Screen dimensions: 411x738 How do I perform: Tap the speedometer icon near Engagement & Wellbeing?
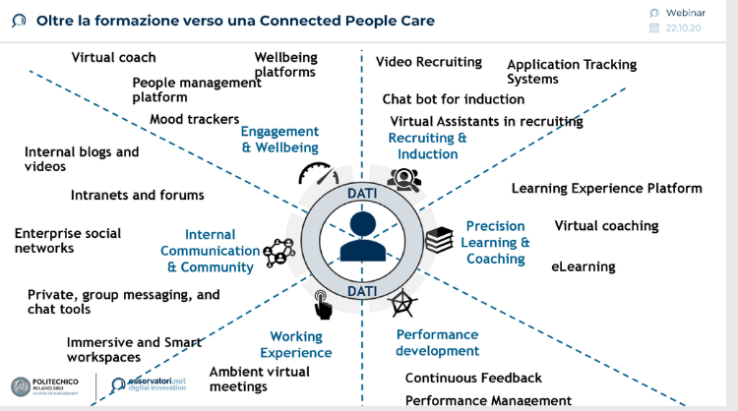pyautogui.click(x=318, y=175)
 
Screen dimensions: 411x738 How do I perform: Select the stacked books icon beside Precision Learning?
pyautogui.click(x=438, y=239)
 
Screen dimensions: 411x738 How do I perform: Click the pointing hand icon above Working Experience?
pyautogui.click(x=322, y=304)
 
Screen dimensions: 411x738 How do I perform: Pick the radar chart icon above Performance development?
pyautogui.click(x=401, y=304)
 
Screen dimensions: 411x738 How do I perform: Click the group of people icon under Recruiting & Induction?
pyautogui.click(x=404, y=178)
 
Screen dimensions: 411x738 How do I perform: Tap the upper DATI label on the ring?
pyautogui.click(x=362, y=194)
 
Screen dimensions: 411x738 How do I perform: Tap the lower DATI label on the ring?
pyautogui.click(x=362, y=291)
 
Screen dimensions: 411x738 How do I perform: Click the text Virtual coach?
pyautogui.click(x=113, y=58)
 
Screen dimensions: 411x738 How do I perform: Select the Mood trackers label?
pyautogui.click(x=195, y=120)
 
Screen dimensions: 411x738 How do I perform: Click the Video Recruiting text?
pyautogui.click(x=429, y=62)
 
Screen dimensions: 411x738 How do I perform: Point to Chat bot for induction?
pyautogui.click(x=454, y=99)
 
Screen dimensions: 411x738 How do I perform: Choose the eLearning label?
pyautogui.click(x=583, y=266)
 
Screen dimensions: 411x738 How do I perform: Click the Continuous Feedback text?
pyautogui.click(x=473, y=378)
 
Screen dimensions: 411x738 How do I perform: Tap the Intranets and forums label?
pyautogui.click(x=138, y=196)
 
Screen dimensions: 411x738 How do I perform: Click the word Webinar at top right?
pyautogui.click(x=686, y=12)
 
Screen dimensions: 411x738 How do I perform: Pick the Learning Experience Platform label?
pyautogui.click(x=606, y=189)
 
